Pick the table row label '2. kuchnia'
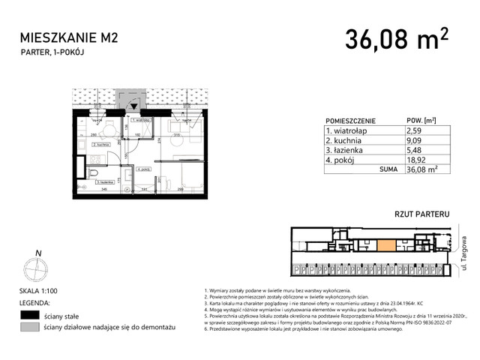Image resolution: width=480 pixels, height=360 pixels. pyautogui.click(x=346, y=140)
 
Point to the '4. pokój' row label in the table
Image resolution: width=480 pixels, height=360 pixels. pyautogui.click(x=342, y=160)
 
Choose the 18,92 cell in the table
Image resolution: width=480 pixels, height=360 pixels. pyautogui.click(x=416, y=160)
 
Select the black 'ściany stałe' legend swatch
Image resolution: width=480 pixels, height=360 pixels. pyautogui.click(x=31, y=315)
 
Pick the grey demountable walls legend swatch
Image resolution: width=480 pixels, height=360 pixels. pyautogui.click(x=31, y=328)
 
